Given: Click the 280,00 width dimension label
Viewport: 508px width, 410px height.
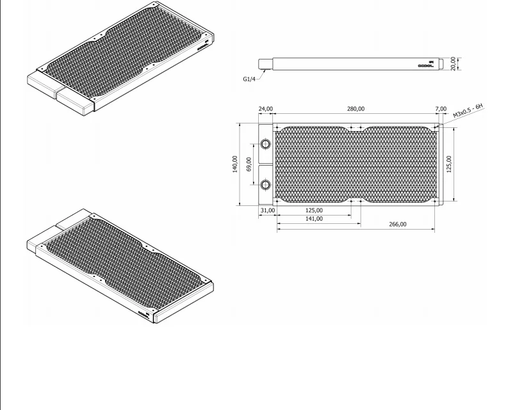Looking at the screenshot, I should tap(356, 109).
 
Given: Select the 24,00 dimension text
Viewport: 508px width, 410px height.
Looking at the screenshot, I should tap(265, 109).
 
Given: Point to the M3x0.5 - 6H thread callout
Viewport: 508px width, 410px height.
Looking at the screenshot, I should tap(470, 107).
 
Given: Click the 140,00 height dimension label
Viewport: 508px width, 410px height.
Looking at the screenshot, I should tap(234, 164).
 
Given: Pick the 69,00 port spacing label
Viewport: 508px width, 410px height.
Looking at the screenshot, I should tap(249, 164).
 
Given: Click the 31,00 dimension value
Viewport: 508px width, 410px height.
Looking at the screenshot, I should tap(267, 210).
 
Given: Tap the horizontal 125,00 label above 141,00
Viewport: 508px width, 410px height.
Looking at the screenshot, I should tap(314, 210).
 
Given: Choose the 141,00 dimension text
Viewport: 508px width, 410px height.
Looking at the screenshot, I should tap(314, 219).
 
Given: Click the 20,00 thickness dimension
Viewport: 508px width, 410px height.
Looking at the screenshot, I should tap(454, 64).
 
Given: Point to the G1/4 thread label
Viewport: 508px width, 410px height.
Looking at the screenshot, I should tap(250, 79).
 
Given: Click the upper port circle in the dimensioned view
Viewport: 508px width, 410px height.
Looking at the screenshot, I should tap(266, 143).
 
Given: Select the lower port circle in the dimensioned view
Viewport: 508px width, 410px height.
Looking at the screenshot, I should tap(266, 186).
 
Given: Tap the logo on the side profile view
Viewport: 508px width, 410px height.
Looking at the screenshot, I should tap(427, 65).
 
